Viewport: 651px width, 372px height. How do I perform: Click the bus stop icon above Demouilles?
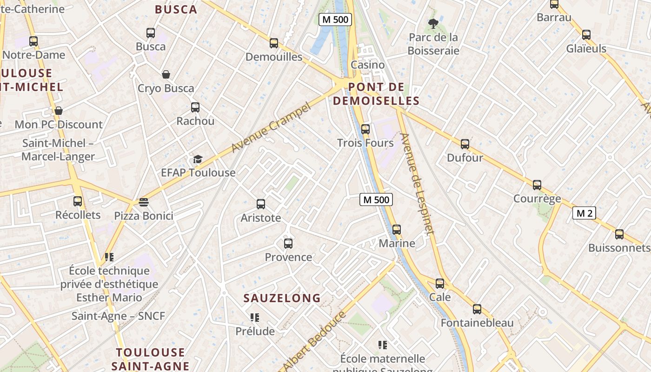(274, 43)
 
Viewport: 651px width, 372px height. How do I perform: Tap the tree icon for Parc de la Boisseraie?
(433, 23)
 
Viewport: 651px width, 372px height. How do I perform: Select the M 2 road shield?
(584, 213)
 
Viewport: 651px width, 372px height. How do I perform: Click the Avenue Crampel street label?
(271, 128)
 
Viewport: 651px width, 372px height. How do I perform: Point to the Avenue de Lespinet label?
(417, 184)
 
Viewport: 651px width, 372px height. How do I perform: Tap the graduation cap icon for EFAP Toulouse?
(198, 159)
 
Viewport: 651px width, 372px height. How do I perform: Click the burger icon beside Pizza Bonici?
(144, 202)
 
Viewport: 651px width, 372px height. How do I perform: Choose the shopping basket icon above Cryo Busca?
(166, 74)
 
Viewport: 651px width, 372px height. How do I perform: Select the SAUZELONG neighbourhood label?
(282, 298)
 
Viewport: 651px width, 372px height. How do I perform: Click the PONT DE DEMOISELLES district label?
(376, 94)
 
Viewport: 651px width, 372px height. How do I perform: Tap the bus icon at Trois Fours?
(365, 129)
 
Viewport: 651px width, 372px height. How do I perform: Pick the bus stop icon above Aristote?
(261, 204)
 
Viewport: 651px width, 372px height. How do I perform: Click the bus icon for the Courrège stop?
(537, 185)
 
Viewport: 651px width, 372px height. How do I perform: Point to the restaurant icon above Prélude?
(254, 318)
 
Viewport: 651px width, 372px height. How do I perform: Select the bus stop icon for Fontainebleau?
(477, 309)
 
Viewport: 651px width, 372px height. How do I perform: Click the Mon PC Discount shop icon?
(59, 111)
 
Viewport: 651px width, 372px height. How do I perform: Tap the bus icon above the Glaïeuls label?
(586, 35)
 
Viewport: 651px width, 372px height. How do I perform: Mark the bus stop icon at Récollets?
(78, 201)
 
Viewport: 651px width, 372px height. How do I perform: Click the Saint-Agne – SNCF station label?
(118, 316)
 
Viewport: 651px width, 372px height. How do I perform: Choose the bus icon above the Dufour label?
(465, 144)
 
